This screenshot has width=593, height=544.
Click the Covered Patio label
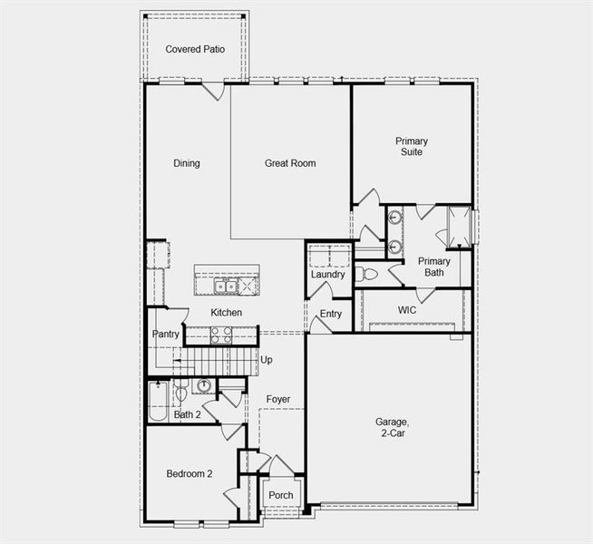pos(195,49)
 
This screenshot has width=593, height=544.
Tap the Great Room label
pos(290,163)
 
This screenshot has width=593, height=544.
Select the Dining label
pos(187,163)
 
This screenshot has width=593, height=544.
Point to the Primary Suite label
pos(412,146)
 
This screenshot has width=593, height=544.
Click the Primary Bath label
pos(433,267)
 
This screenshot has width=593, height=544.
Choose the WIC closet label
pos(407,310)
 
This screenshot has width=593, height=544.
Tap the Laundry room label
pos(327,275)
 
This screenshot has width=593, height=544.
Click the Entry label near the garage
pos(331,315)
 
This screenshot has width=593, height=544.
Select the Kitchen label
pos(227,313)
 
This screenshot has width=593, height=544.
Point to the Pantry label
pos(166,335)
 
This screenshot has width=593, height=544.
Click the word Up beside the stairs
pos(267,360)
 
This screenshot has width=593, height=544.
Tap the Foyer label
pos(278,399)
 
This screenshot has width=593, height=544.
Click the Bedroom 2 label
pos(190,474)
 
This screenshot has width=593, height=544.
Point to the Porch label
pos(280,496)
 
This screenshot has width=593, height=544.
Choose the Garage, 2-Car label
pos(393,427)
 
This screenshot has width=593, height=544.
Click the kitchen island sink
pos(224,287)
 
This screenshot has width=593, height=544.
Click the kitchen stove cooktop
pos(221,335)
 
